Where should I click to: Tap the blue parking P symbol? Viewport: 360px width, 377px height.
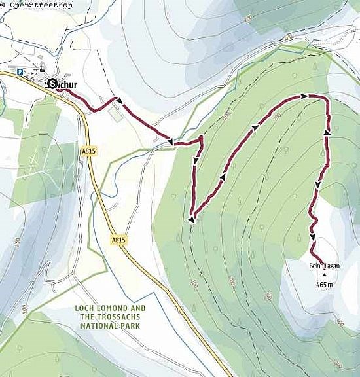tap(20, 73)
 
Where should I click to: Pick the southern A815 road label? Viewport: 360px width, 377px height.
tap(118, 240)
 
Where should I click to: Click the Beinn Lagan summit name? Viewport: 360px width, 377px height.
tap(322, 266)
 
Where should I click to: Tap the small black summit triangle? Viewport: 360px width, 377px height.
tap(323, 276)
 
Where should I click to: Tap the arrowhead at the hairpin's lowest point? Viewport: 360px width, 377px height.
tap(191, 220)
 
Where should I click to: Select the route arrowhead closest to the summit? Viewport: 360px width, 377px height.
tap(313, 237)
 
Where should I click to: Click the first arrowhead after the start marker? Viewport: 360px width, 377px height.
tap(118, 99)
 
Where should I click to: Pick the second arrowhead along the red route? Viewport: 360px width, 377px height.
tap(170, 141)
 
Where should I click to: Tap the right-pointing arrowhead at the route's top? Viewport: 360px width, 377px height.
tap(304, 96)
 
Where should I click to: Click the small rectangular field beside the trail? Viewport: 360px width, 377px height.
tap(115, 114)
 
